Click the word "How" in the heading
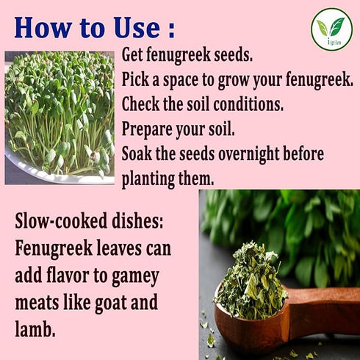coord(43,27)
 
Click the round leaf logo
coord(332,29)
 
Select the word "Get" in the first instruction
coord(132,54)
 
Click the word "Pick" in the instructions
coord(135,79)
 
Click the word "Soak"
coord(137,154)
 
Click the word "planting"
coord(148,179)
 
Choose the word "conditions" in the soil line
coord(248,104)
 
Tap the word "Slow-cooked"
coord(61,220)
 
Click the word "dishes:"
coord(137,220)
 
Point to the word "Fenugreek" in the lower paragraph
coord(54,249)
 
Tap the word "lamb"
coord(35,328)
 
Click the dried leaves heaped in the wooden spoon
coord(251,281)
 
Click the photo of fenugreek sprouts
coord(60,118)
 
